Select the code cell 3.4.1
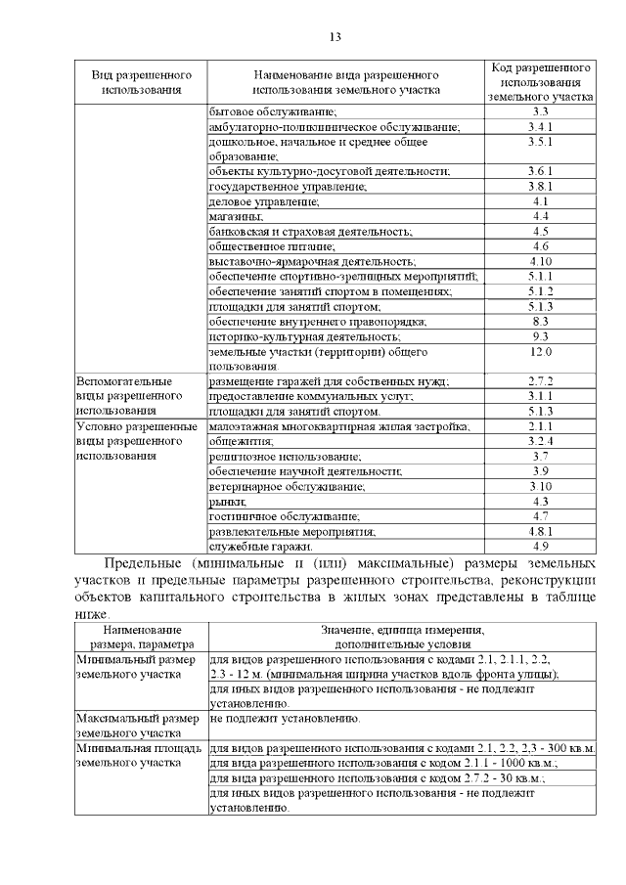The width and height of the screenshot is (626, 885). pos(540,127)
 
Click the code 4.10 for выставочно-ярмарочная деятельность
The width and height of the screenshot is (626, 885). pos(540,261)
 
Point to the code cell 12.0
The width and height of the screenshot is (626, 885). pos(540,351)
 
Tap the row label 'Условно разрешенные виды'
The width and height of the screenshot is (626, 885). pos(137,441)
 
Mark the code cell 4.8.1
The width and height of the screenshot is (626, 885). pos(540,531)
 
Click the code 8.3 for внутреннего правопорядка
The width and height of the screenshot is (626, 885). pos(540,321)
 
